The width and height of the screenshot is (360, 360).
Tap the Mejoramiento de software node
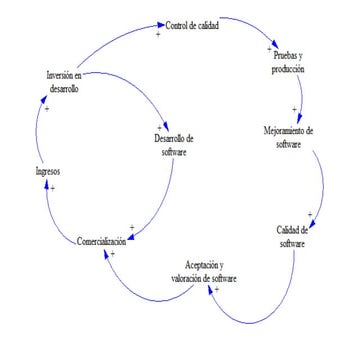287,136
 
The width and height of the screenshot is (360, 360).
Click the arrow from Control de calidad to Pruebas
255,33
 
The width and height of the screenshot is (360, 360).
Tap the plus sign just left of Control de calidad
157,35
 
